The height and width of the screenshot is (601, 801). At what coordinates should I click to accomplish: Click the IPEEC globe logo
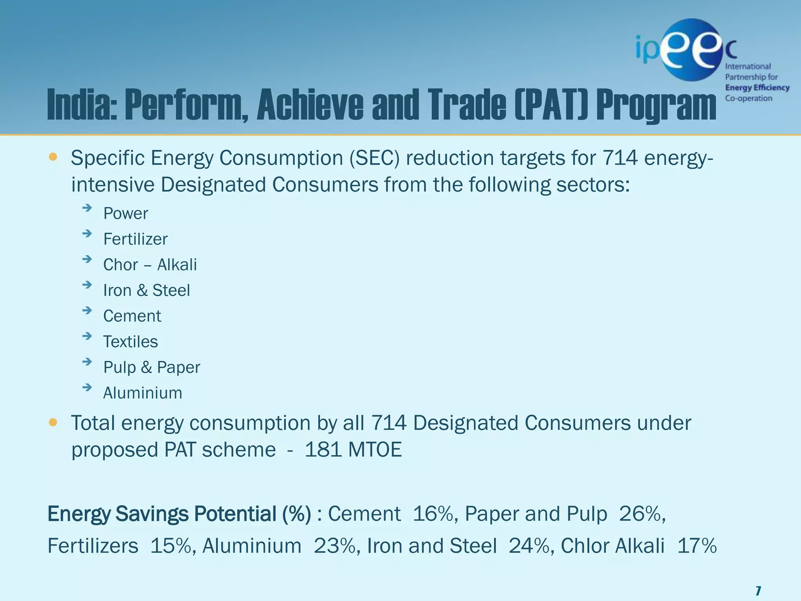click(690, 50)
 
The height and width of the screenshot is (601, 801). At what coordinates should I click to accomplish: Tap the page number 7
click(758, 590)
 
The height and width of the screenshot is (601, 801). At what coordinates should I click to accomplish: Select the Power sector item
click(126, 214)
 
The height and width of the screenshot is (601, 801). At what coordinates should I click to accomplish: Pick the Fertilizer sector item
click(135, 239)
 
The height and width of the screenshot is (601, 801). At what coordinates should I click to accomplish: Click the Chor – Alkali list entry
click(150, 265)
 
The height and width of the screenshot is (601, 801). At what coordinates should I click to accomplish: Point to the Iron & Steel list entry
click(146, 290)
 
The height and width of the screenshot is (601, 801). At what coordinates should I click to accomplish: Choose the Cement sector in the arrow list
click(132, 316)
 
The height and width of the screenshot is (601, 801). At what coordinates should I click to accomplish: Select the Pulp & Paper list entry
click(151, 367)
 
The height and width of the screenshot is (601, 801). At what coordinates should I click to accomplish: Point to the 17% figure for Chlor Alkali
click(697, 546)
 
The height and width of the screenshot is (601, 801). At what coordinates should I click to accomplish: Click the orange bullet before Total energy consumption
click(53, 423)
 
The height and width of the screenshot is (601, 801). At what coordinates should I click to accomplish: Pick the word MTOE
click(374, 450)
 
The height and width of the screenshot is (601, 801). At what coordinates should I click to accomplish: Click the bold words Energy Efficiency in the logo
click(757, 88)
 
